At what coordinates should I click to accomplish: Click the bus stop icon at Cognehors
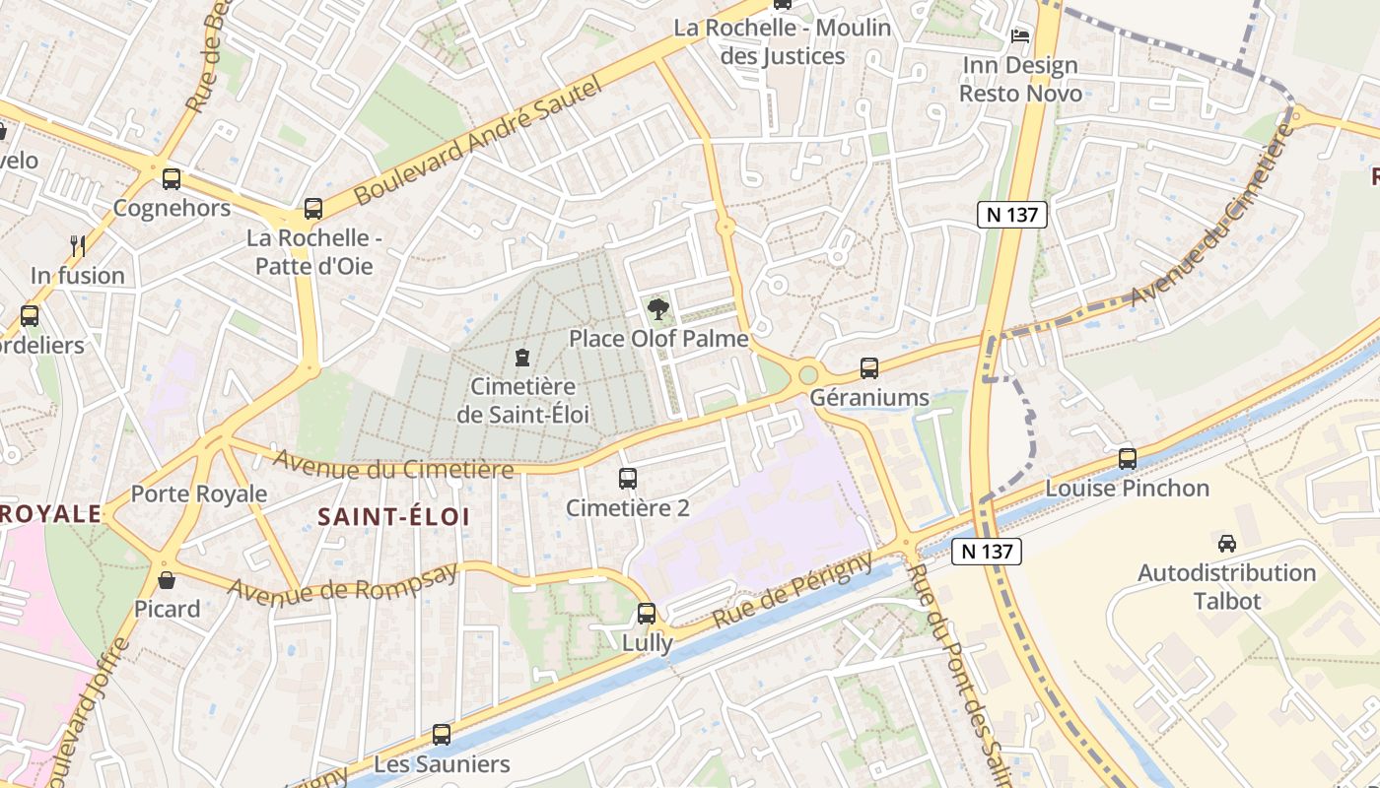[172, 179]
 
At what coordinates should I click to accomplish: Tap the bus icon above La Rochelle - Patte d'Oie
[313, 209]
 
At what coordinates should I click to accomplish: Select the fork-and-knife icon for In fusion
[78, 245]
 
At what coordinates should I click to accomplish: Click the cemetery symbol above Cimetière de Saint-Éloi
[522, 357]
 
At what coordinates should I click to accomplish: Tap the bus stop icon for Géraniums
[868, 368]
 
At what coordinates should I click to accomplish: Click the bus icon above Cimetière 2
[627, 479]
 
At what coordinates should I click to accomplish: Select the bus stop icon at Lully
[647, 614]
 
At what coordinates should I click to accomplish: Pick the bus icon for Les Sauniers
[442, 735]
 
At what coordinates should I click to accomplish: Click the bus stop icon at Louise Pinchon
[1127, 459]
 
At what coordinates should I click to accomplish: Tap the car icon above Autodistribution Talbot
[1227, 543]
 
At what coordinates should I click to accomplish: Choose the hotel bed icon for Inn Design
[1019, 36]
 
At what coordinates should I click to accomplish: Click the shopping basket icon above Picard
[167, 579]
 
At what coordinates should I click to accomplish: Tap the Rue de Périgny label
[793, 591]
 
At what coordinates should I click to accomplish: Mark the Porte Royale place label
[199, 493]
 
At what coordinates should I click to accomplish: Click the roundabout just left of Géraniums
[809, 374]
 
